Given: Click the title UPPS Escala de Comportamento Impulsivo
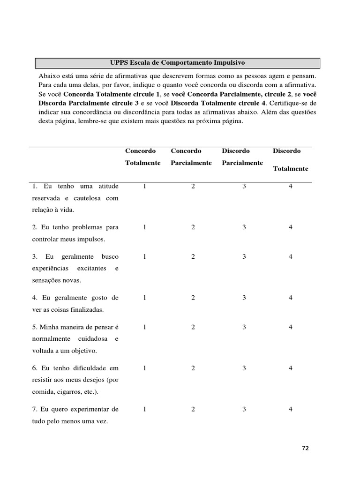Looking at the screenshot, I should click(177, 62).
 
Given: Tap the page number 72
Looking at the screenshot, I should click(305, 448).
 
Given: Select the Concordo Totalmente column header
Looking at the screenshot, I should click(142, 157).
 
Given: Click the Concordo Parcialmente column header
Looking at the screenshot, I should click(191, 157).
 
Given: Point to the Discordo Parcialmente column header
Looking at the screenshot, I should click(242, 157).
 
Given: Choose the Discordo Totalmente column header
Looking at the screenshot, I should click(290, 159).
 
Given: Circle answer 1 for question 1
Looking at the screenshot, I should click(145, 187).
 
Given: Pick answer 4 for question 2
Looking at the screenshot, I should click(291, 227).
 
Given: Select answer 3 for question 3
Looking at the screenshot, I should click(244, 257).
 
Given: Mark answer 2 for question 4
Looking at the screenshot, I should click(193, 298).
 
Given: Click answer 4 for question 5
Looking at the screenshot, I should click(291, 327).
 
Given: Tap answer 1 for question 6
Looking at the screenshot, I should click(145, 368).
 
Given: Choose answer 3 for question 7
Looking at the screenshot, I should click(244, 409).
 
